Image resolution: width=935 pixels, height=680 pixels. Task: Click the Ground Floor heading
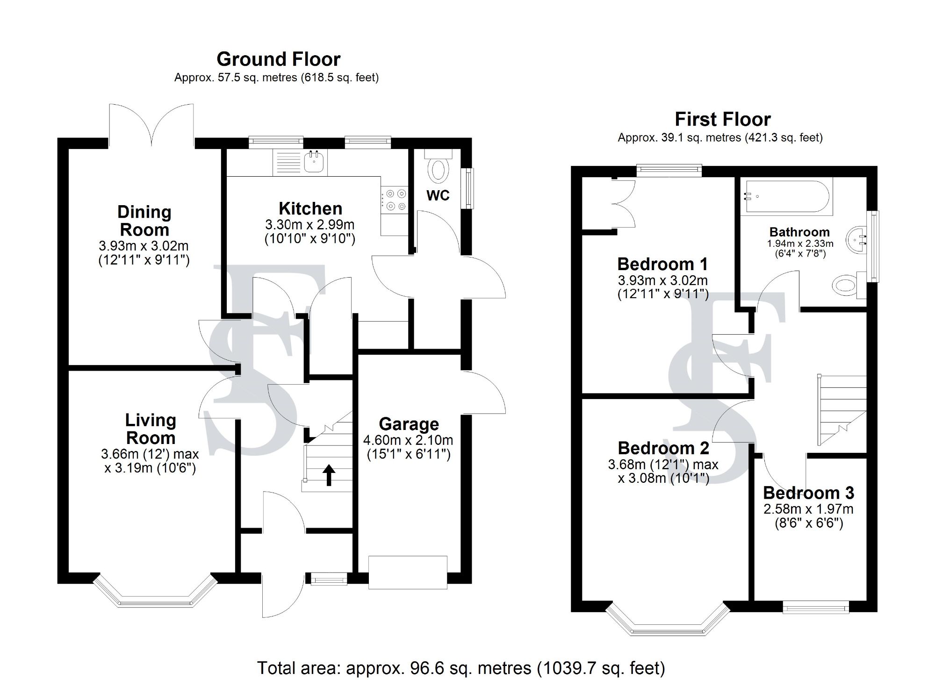click(x=278, y=59)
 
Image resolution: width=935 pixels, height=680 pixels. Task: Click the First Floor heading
click(x=722, y=120)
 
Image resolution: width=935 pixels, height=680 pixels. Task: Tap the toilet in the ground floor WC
click(x=438, y=168)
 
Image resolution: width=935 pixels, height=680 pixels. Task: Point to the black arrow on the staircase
click(x=329, y=474)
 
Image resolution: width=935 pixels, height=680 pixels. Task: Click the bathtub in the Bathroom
click(x=785, y=197)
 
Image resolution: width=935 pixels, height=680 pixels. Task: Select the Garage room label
click(x=409, y=424)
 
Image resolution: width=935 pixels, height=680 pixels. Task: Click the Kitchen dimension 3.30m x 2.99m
click(x=309, y=224)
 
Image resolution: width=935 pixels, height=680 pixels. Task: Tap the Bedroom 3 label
click(x=808, y=493)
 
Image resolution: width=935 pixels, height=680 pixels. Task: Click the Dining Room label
click(x=144, y=221)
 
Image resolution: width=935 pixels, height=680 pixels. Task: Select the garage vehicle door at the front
click(x=408, y=572)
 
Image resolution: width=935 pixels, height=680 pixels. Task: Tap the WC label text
click(x=438, y=195)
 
